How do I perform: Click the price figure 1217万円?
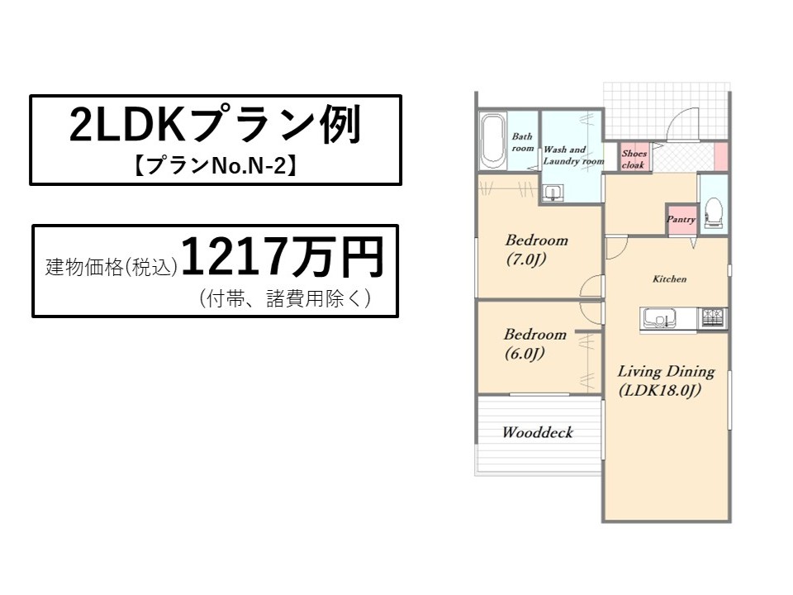click(283, 258)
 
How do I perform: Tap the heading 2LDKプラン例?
click(216, 125)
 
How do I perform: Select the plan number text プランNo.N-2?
click(216, 165)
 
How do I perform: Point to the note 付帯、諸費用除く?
click(285, 298)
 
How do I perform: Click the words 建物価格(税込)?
click(112, 267)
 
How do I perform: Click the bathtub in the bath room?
click(493, 142)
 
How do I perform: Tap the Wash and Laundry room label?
click(573, 155)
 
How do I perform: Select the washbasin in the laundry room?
click(553, 193)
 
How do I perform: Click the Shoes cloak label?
click(634, 159)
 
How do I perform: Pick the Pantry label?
click(681, 219)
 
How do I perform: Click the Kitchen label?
click(670, 278)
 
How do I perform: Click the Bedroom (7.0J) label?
click(537, 250)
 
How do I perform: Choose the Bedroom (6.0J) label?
click(534, 344)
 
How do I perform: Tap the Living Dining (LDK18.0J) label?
click(666, 381)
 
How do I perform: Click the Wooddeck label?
click(538, 432)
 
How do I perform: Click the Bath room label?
click(522, 142)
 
